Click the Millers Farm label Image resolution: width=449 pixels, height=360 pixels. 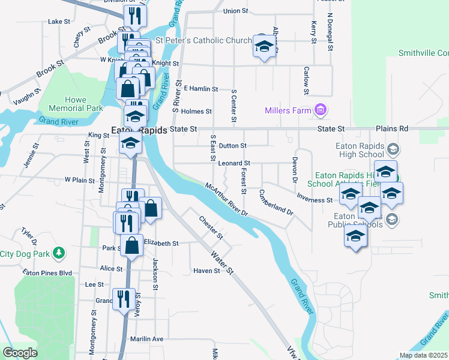coord(288,110)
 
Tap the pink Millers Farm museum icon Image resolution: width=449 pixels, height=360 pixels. coord(321,110)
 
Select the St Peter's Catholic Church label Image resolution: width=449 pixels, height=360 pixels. coord(203,41)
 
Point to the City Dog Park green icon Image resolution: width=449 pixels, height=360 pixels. coord(59,253)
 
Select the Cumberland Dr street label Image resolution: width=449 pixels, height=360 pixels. coord(276,203)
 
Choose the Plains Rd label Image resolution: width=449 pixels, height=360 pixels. coord(391,128)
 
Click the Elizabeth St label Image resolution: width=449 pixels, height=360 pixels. coord(161,243)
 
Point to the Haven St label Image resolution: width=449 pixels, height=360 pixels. coord(206,271)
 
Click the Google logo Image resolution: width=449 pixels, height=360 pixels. coord(20,353)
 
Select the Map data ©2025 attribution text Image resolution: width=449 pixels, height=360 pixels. coord(423,355)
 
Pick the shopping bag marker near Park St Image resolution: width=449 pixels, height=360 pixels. coord(131,245)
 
